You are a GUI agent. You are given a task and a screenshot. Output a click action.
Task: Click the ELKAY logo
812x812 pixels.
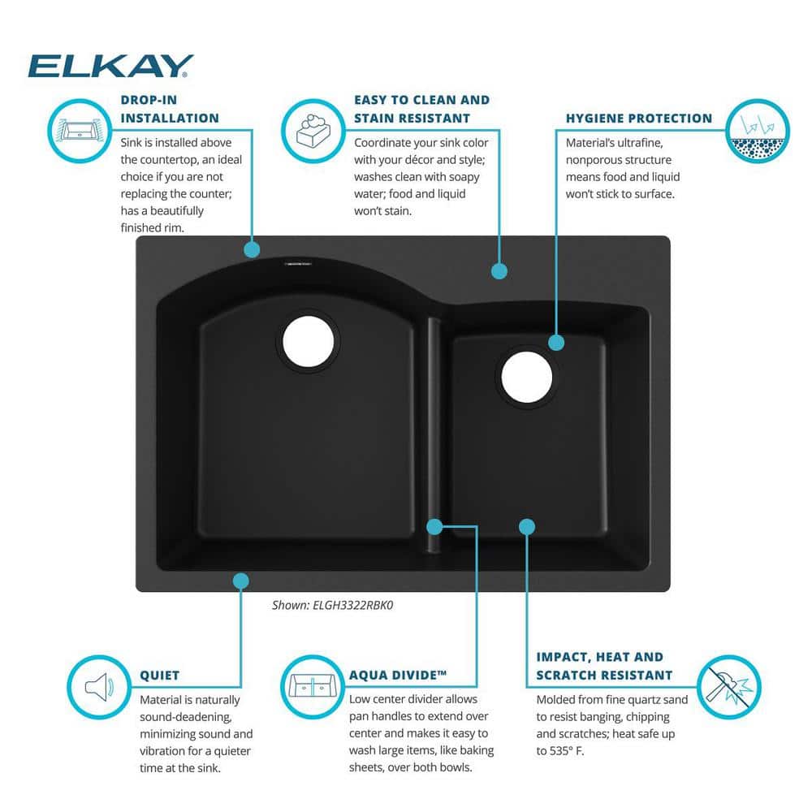click(x=110, y=66)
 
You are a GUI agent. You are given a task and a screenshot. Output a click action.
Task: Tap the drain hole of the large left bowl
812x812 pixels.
click(x=308, y=341)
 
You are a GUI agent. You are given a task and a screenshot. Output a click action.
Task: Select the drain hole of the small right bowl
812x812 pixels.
click(x=527, y=377)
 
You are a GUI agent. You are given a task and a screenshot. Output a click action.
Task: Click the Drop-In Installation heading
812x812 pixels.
click(x=170, y=109)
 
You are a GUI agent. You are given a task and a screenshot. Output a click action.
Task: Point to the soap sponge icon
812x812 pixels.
click(x=313, y=131)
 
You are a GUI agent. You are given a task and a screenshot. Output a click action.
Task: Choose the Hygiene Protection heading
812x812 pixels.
click(x=638, y=118)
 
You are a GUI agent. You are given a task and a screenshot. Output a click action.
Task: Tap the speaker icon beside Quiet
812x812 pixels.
click(x=99, y=687)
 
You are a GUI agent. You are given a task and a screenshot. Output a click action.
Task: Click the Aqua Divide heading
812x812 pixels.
click(x=397, y=675)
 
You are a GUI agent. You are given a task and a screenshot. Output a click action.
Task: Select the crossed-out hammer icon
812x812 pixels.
click(x=728, y=687)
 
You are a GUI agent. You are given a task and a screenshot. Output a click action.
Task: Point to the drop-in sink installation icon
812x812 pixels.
click(x=80, y=131)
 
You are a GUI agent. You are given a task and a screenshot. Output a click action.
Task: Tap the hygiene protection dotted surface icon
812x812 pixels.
click(x=757, y=131)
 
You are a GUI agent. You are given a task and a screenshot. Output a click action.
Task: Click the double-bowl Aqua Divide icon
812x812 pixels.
click(x=313, y=687)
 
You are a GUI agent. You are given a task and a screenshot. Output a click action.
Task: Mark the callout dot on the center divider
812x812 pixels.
click(x=434, y=527)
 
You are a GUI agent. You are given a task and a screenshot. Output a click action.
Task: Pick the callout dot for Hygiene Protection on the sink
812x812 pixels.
click(x=556, y=343)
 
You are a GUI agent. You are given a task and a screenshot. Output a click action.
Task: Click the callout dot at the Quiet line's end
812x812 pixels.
click(x=241, y=581)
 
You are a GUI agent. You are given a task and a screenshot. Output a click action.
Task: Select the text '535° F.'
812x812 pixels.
click(x=567, y=750)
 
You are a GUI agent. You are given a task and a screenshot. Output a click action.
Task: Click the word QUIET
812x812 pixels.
click(x=159, y=676)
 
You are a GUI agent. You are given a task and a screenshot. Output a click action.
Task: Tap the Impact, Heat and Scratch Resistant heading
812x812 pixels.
click(x=604, y=666)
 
